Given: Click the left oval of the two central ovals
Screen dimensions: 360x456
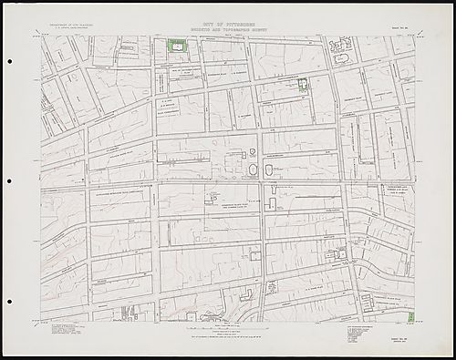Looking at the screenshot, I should tap(250, 170).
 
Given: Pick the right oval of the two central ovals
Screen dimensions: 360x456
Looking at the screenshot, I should tap(269, 170).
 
